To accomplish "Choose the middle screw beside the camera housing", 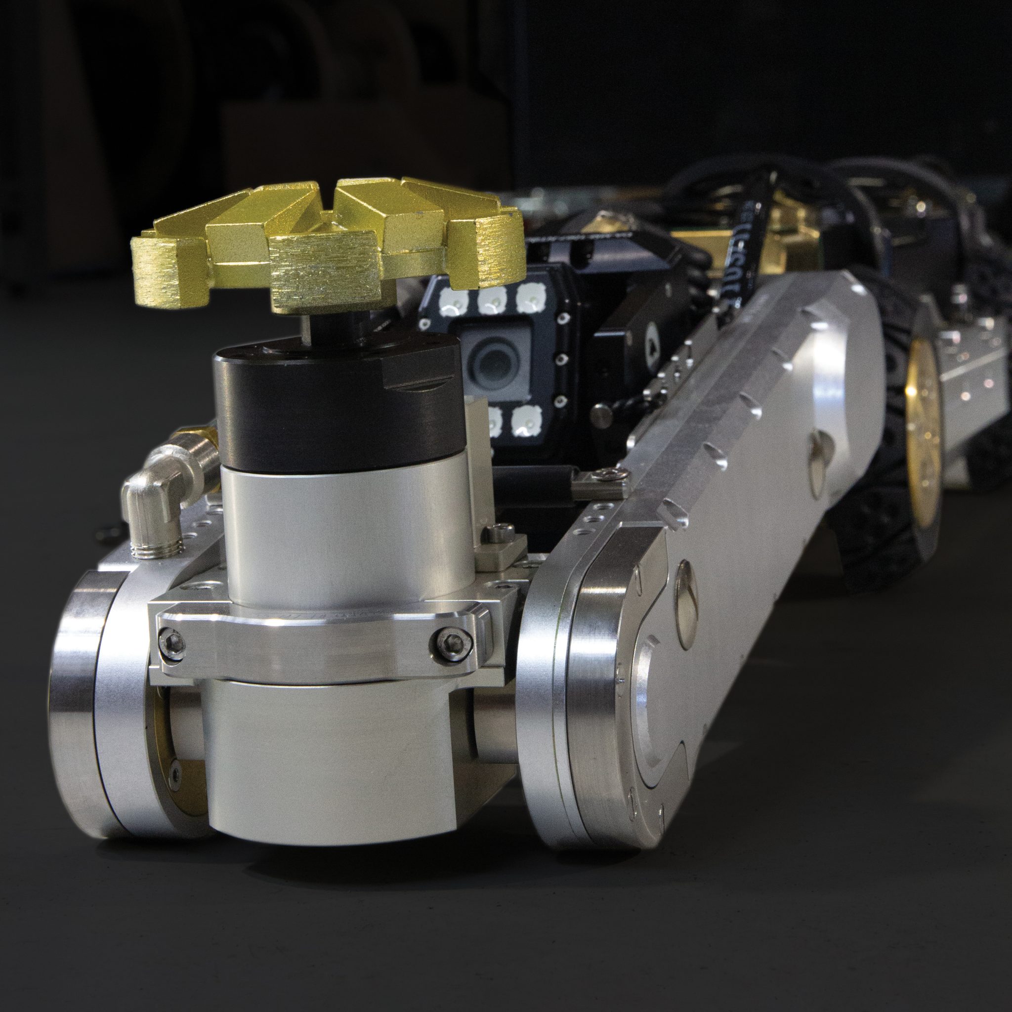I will pyautogui.click(x=560, y=360).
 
